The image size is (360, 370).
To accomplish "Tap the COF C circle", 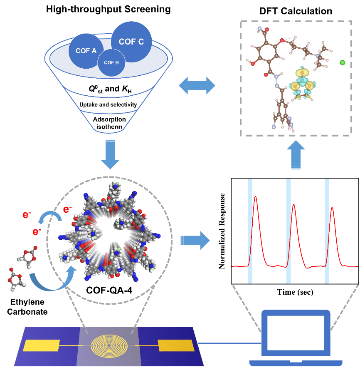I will [131, 42].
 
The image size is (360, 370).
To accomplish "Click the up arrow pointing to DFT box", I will [296, 155].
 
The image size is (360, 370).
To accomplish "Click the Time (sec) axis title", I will [295, 292].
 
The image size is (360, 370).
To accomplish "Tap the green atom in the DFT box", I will [343, 62].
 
